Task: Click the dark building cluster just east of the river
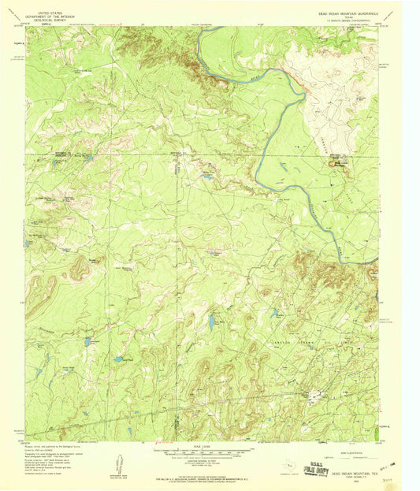click(340, 161)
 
